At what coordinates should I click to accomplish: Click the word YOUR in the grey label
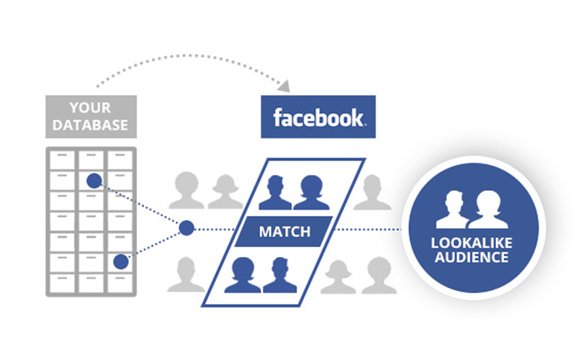(x=91, y=108)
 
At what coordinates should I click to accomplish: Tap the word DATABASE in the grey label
(x=91, y=125)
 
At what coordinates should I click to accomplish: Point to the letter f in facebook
(x=276, y=117)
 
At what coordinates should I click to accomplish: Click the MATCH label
(x=284, y=232)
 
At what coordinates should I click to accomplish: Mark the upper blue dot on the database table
(x=94, y=180)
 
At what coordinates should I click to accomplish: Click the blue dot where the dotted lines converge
(x=186, y=228)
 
